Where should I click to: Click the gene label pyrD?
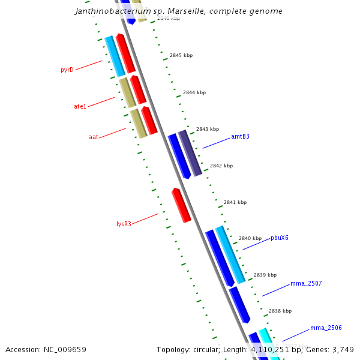[67, 70]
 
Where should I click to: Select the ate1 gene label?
[80, 106]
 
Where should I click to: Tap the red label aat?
[94, 137]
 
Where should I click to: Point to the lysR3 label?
[124, 224]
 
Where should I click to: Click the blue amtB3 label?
[240, 136]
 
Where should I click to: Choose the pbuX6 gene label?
[280, 238]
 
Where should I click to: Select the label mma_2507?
[306, 283]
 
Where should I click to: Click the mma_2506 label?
[326, 328]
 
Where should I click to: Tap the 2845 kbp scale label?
[181, 55]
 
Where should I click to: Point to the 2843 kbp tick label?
[208, 129]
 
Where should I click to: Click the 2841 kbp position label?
[235, 202]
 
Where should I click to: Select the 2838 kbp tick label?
[280, 311]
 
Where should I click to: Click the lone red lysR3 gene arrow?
[181, 205]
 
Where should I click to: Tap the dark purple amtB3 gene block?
[190, 152]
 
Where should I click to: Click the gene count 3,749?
[344, 349]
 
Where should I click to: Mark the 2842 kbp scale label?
[221, 166]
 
